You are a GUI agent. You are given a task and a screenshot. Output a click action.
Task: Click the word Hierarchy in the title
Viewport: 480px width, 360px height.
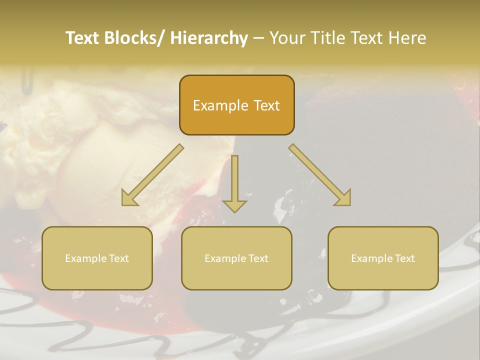[x=209, y=38]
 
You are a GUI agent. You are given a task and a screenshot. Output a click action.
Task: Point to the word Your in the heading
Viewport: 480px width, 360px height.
[x=287, y=38]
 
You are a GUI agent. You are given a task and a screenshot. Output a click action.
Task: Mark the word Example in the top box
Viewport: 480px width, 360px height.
[x=220, y=106]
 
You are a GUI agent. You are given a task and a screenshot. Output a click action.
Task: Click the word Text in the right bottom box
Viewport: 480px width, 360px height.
[x=404, y=258]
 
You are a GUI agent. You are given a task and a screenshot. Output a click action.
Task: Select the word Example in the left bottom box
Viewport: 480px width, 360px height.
[x=85, y=258]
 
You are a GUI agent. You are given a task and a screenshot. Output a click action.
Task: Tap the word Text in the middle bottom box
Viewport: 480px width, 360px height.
[x=257, y=258]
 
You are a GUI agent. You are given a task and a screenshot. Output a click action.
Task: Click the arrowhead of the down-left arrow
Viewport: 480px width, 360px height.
[x=128, y=199]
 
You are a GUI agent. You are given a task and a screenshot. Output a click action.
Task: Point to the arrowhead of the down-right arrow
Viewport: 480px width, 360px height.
[x=344, y=199]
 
